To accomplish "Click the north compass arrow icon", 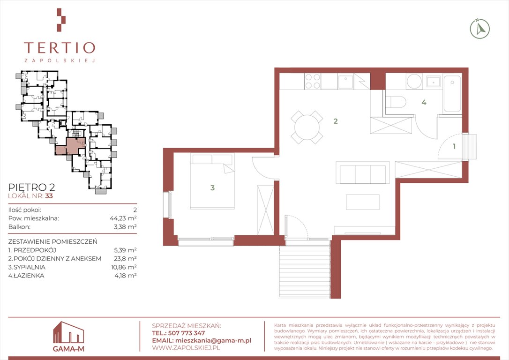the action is (480, 29).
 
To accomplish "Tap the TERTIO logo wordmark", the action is (60, 48).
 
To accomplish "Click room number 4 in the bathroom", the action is (424, 102).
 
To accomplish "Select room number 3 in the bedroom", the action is (212, 187).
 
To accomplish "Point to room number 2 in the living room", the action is (335, 121).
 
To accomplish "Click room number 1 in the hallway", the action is (454, 146).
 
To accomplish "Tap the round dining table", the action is (307, 127).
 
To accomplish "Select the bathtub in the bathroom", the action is (452, 94).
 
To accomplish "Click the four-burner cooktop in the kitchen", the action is (313, 81).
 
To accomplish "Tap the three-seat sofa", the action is (363, 172).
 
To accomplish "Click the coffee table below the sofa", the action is (363, 202).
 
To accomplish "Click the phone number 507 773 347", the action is (187, 333).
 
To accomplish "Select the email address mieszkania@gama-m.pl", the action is (213, 340).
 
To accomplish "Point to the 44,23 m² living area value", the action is (123, 218).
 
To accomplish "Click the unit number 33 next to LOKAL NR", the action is (49, 196).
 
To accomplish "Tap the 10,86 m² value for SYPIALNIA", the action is (124, 267).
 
